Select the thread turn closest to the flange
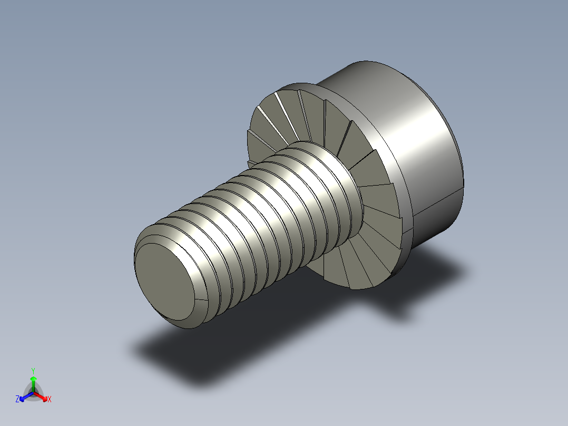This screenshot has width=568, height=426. click(337, 174)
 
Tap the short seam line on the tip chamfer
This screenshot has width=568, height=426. click(201, 301)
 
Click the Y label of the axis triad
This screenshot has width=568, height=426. click(33, 371)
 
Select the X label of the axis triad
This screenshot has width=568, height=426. click(50, 400)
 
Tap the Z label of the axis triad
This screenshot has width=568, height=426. click(17, 400)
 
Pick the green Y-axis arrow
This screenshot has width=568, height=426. click(33, 382)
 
